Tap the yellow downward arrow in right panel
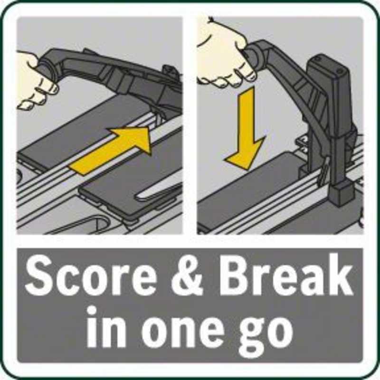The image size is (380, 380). point(245,129)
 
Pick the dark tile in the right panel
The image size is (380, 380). point(250,194)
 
